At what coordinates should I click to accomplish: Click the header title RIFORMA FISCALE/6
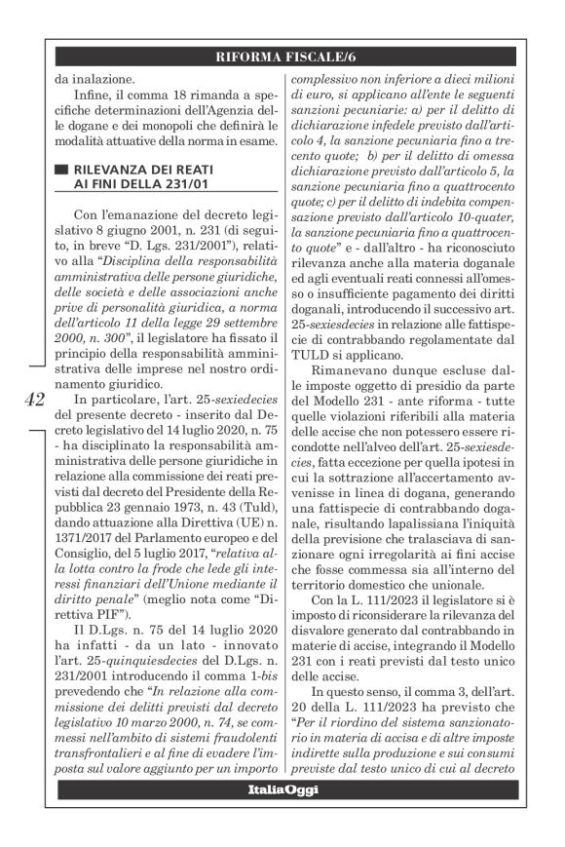(293, 58)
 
